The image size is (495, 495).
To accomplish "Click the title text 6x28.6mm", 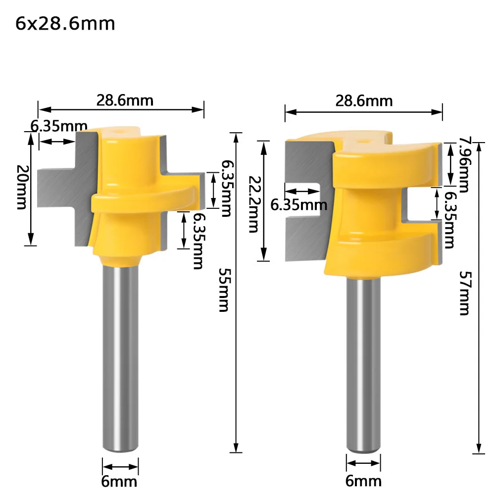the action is (65, 24).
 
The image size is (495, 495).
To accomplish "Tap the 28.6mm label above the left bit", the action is (125, 100).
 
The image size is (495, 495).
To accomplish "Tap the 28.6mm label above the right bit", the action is (364, 101).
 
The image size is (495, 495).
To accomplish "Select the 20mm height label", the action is (22, 187).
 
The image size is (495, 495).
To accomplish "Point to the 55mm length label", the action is (225, 290).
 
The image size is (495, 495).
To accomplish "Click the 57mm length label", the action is (465, 293).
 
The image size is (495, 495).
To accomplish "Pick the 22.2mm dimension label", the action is (253, 204).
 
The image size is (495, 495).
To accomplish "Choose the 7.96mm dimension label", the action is (464, 164).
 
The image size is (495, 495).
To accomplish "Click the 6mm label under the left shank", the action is (119, 482).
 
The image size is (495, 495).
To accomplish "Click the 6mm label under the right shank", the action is (363, 481).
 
